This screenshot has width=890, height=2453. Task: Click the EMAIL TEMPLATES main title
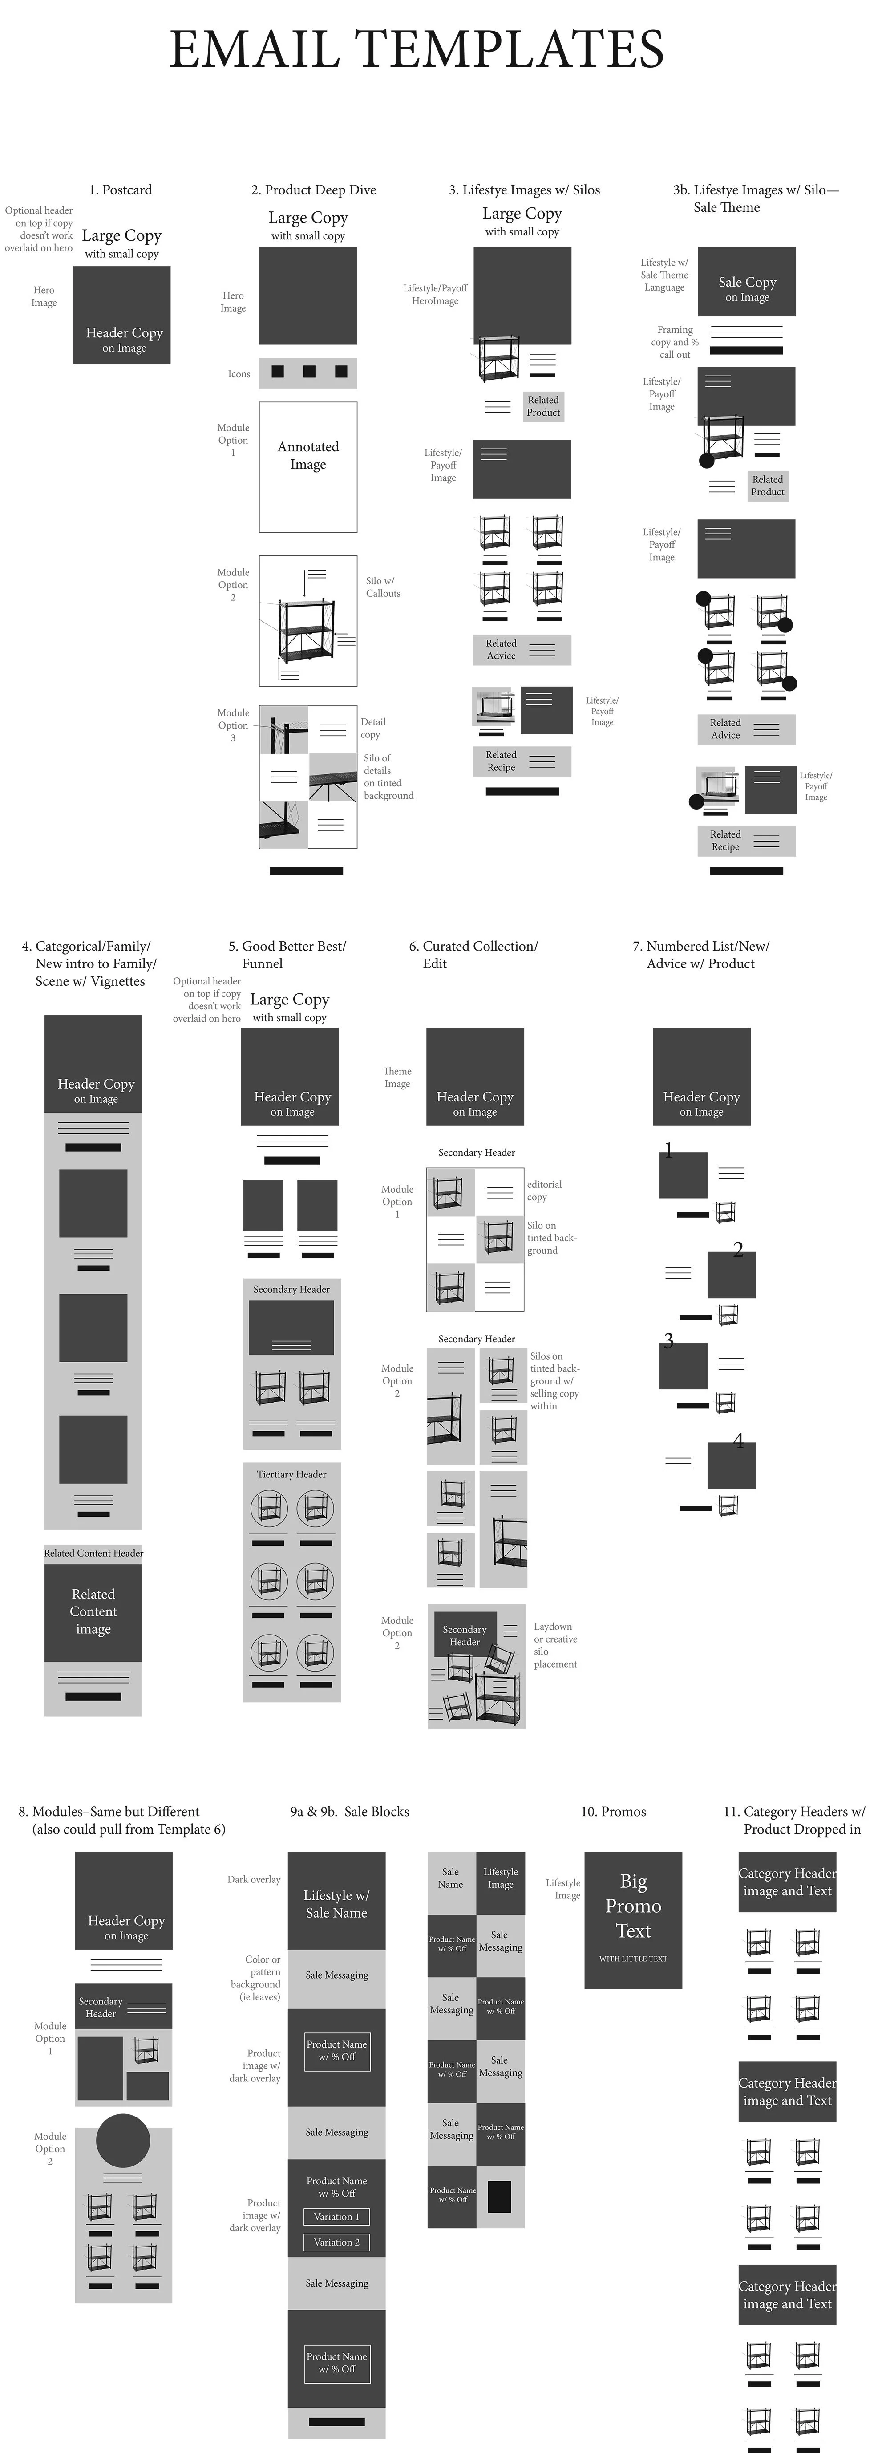416,49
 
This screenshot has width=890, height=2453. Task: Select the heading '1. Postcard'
120,190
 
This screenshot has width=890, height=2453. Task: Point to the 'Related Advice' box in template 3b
745,729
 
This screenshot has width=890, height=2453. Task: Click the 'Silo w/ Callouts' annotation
383,587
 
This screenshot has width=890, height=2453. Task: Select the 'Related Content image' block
93,1611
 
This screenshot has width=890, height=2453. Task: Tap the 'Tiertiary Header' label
291,1474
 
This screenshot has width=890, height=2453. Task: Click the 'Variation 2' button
337,2242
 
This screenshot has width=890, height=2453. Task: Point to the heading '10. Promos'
613,1811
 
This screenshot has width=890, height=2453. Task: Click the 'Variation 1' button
337,2216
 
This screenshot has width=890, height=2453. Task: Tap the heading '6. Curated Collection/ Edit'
473,954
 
